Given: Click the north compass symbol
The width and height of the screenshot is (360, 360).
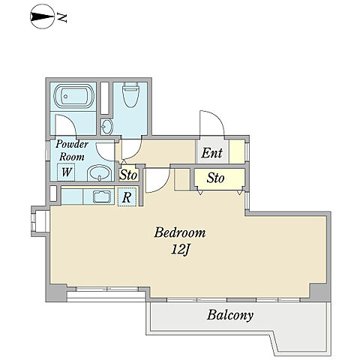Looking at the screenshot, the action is (42, 17).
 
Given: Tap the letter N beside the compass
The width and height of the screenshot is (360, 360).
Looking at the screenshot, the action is (62, 17).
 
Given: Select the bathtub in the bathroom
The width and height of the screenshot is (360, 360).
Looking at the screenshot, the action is (74, 96).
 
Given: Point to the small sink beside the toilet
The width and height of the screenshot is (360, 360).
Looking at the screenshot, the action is (106, 126).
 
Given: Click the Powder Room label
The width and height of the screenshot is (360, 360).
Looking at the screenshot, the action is (72, 151).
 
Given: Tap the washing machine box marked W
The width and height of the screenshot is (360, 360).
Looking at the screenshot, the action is (66, 172).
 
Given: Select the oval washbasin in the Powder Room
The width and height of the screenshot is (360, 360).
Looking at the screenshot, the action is (100, 172).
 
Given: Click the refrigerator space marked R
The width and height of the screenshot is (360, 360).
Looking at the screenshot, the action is (127, 196).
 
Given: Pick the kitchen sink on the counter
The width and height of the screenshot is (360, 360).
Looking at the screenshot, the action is (102, 196).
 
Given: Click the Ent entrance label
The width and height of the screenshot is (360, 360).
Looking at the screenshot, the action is (211, 153).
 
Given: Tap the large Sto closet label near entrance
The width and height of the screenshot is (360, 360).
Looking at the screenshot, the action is (215, 178).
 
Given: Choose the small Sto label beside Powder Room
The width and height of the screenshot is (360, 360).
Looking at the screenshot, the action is (128, 175).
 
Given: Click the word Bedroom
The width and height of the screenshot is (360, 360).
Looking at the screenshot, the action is (180, 232).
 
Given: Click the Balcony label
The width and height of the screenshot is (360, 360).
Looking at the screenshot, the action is (230, 315).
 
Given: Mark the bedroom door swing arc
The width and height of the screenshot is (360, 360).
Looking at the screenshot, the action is (163, 186).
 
